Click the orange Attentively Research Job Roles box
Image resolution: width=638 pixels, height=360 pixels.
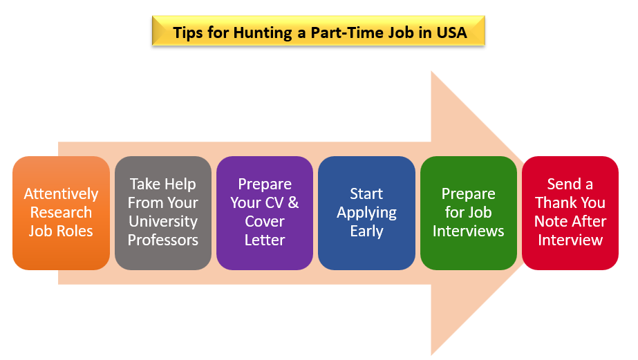tap(61, 213)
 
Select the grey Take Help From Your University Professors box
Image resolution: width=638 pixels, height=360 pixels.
tap(162, 213)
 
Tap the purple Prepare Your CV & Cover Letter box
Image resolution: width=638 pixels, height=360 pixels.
tap(265, 213)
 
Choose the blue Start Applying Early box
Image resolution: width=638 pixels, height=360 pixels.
tap(366, 213)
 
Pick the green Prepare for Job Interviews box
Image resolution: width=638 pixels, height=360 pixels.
tap(469, 213)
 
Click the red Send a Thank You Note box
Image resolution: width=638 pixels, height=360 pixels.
tap(570, 213)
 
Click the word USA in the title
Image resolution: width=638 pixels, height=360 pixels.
tap(451, 32)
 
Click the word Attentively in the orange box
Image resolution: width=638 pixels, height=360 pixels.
tap(61, 194)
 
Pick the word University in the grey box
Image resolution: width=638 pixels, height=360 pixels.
tap(163, 222)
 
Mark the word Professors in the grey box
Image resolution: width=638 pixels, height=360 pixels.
tap(163, 240)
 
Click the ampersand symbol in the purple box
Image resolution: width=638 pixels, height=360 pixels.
tap(293, 202)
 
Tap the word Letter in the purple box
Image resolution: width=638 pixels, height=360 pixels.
tap(265, 240)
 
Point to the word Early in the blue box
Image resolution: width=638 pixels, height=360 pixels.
tap(366, 231)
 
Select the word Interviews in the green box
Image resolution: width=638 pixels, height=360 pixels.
tap(469, 231)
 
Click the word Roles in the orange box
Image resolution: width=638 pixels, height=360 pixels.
tap(75, 231)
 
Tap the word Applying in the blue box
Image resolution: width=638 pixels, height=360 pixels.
tap(366, 213)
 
